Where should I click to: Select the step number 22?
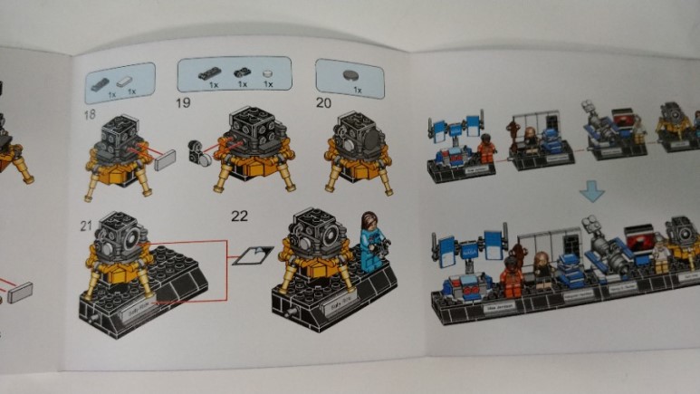(x=240, y=216)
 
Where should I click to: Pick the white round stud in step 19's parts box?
(x=267, y=73)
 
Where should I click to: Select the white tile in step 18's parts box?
(x=130, y=80)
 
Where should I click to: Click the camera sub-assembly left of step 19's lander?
(x=197, y=152)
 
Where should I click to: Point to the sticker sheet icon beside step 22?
(x=249, y=256)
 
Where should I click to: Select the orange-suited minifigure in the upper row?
(x=487, y=147)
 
